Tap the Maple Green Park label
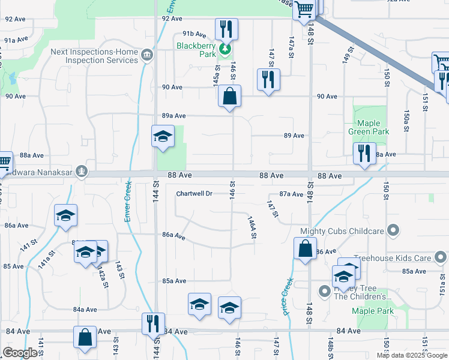tap(369, 127)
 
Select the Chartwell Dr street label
tap(194, 194)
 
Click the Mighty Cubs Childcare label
tap(342, 231)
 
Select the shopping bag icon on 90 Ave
tap(229, 96)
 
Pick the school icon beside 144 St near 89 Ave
tap(163, 137)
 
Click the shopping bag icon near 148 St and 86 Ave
tap(305, 248)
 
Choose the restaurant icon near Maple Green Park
tap(364, 154)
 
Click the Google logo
tap(20, 353)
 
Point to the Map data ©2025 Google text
tap(412, 355)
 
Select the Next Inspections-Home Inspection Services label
tap(94, 56)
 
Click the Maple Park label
tap(373, 311)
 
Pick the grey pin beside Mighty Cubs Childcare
tap(393, 230)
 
